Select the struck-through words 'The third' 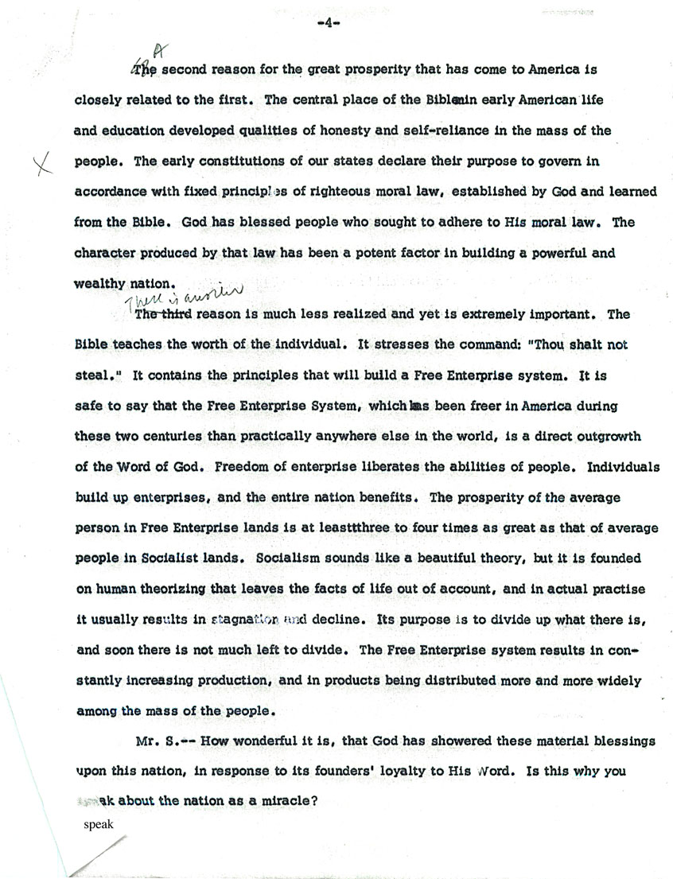click(x=164, y=314)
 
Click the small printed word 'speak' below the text click(x=99, y=824)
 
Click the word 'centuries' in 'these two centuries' click(x=177, y=436)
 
